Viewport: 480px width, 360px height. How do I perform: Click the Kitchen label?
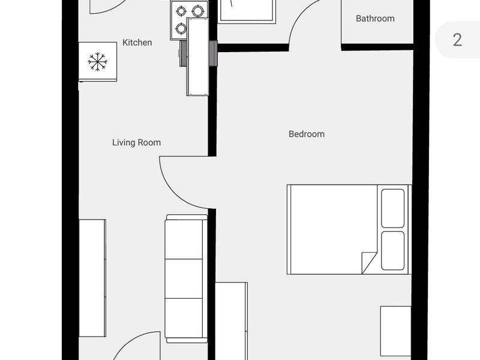click(137, 43)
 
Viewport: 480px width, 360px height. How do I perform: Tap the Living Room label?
click(136, 143)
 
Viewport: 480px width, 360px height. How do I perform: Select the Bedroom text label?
click(307, 134)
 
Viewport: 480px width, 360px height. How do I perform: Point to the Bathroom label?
click(375, 19)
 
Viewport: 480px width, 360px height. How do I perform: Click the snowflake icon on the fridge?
click(97, 61)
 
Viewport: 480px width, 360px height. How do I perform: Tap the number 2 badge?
click(457, 40)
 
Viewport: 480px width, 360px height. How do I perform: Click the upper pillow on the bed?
click(393, 208)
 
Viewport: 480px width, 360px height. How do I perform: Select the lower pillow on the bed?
click(393, 251)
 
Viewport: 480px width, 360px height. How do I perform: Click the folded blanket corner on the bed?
click(368, 262)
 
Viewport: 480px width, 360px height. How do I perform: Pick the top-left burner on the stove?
click(181, 11)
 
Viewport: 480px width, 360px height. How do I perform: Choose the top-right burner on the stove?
click(197, 11)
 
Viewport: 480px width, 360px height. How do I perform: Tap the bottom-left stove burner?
click(181, 28)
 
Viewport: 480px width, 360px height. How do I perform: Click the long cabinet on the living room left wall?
click(92, 278)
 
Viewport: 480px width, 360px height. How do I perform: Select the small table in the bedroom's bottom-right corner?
click(395, 331)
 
